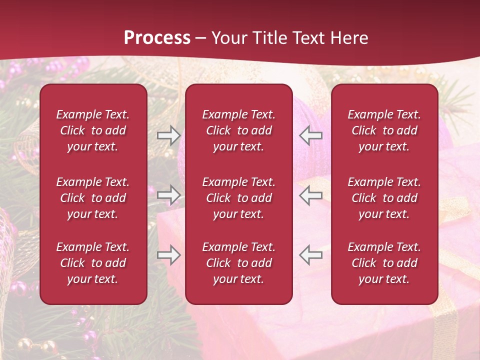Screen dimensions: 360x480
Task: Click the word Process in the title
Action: (157, 38)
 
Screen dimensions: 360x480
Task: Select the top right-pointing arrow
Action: (168, 135)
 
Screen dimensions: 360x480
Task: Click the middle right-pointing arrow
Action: (168, 195)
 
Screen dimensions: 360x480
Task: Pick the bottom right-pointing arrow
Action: (168, 255)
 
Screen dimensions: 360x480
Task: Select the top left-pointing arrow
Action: (310, 135)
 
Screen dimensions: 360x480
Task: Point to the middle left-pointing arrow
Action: (310, 195)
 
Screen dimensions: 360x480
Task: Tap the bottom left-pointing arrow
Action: (310, 255)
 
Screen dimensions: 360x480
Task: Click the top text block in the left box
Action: (93, 130)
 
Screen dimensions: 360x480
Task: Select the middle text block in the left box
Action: (93, 198)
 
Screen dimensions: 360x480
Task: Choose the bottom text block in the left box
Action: (93, 263)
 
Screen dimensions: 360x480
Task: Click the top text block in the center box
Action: (238, 130)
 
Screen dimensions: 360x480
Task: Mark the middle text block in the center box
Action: (238, 198)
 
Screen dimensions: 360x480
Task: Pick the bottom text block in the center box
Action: (238, 263)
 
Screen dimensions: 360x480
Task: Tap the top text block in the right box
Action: (384, 130)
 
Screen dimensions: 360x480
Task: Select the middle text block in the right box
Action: (384, 198)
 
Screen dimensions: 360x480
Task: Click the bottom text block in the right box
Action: (384, 263)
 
